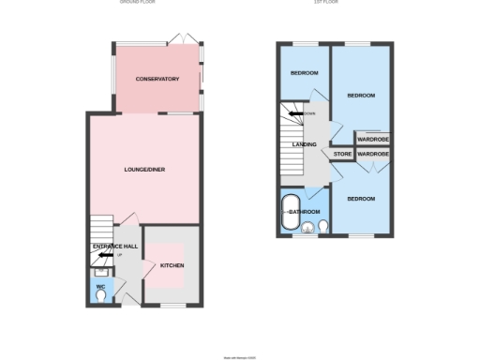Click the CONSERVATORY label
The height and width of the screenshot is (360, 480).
(x=157, y=79)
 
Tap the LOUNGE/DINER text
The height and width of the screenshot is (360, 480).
(x=144, y=169)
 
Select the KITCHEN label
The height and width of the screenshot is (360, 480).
(x=172, y=265)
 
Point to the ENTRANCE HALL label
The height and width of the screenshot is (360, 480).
(x=114, y=246)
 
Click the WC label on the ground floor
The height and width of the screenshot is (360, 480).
(x=100, y=287)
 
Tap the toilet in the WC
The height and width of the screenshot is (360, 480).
(x=101, y=296)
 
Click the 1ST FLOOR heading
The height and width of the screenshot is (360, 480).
(x=326, y=2)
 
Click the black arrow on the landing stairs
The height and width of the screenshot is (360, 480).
(x=293, y=113)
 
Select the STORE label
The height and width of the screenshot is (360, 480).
(x=342, y=153)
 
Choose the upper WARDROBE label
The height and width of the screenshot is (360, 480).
(x=373, y=139)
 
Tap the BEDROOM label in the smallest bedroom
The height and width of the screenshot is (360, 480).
(x=304, y=72)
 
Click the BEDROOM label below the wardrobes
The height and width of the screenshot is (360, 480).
(x=361, y=199)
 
